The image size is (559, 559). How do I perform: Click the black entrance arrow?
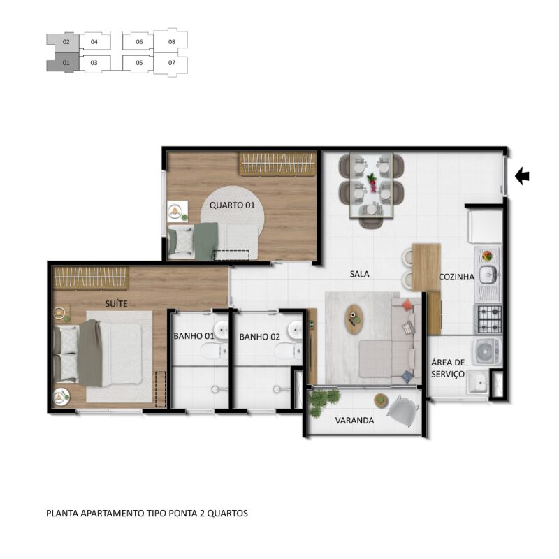tap(522, 176)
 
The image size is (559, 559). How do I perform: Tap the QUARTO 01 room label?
tap(232, 205)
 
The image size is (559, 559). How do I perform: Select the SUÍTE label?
tap(116, 303)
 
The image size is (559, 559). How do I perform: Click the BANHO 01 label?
tap(194, 336)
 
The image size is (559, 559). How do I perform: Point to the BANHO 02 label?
tap(259, 337)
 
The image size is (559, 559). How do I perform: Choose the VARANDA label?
tap(354, 421)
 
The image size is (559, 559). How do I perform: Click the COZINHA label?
tap(456, 277)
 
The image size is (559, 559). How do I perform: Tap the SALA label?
tap(359, 274)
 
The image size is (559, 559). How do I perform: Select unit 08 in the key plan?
tap(171, 42)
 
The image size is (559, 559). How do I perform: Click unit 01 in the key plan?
tap(65, 63)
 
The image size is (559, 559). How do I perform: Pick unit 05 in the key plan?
tap(139, 63)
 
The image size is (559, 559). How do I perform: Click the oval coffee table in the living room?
tap(354, 319)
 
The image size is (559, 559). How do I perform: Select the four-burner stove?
tap(490, 319)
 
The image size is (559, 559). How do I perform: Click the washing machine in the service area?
tap(486, 351)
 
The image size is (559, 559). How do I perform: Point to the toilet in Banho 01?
tap(214, 351)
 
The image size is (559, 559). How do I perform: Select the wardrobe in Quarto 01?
tap(277, 164)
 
